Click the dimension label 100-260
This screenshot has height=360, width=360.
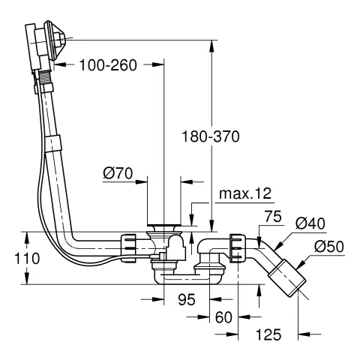click(x=108, y=65)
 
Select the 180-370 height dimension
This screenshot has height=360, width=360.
click(x=211, y=136)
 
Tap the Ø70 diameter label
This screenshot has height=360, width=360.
click(x=118, y=173)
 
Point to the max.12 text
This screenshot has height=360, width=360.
click(x=245, y=193)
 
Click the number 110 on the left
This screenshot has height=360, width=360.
click(x=27, y=258)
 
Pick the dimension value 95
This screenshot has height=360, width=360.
click(x=187, y=299)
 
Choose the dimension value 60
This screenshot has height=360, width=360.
click(x=223, y=317)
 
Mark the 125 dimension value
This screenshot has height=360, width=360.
click(x=268, y=334)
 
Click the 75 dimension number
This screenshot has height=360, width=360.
click(x=273, y=217)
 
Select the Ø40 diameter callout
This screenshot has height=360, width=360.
click(x=310, y=223)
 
